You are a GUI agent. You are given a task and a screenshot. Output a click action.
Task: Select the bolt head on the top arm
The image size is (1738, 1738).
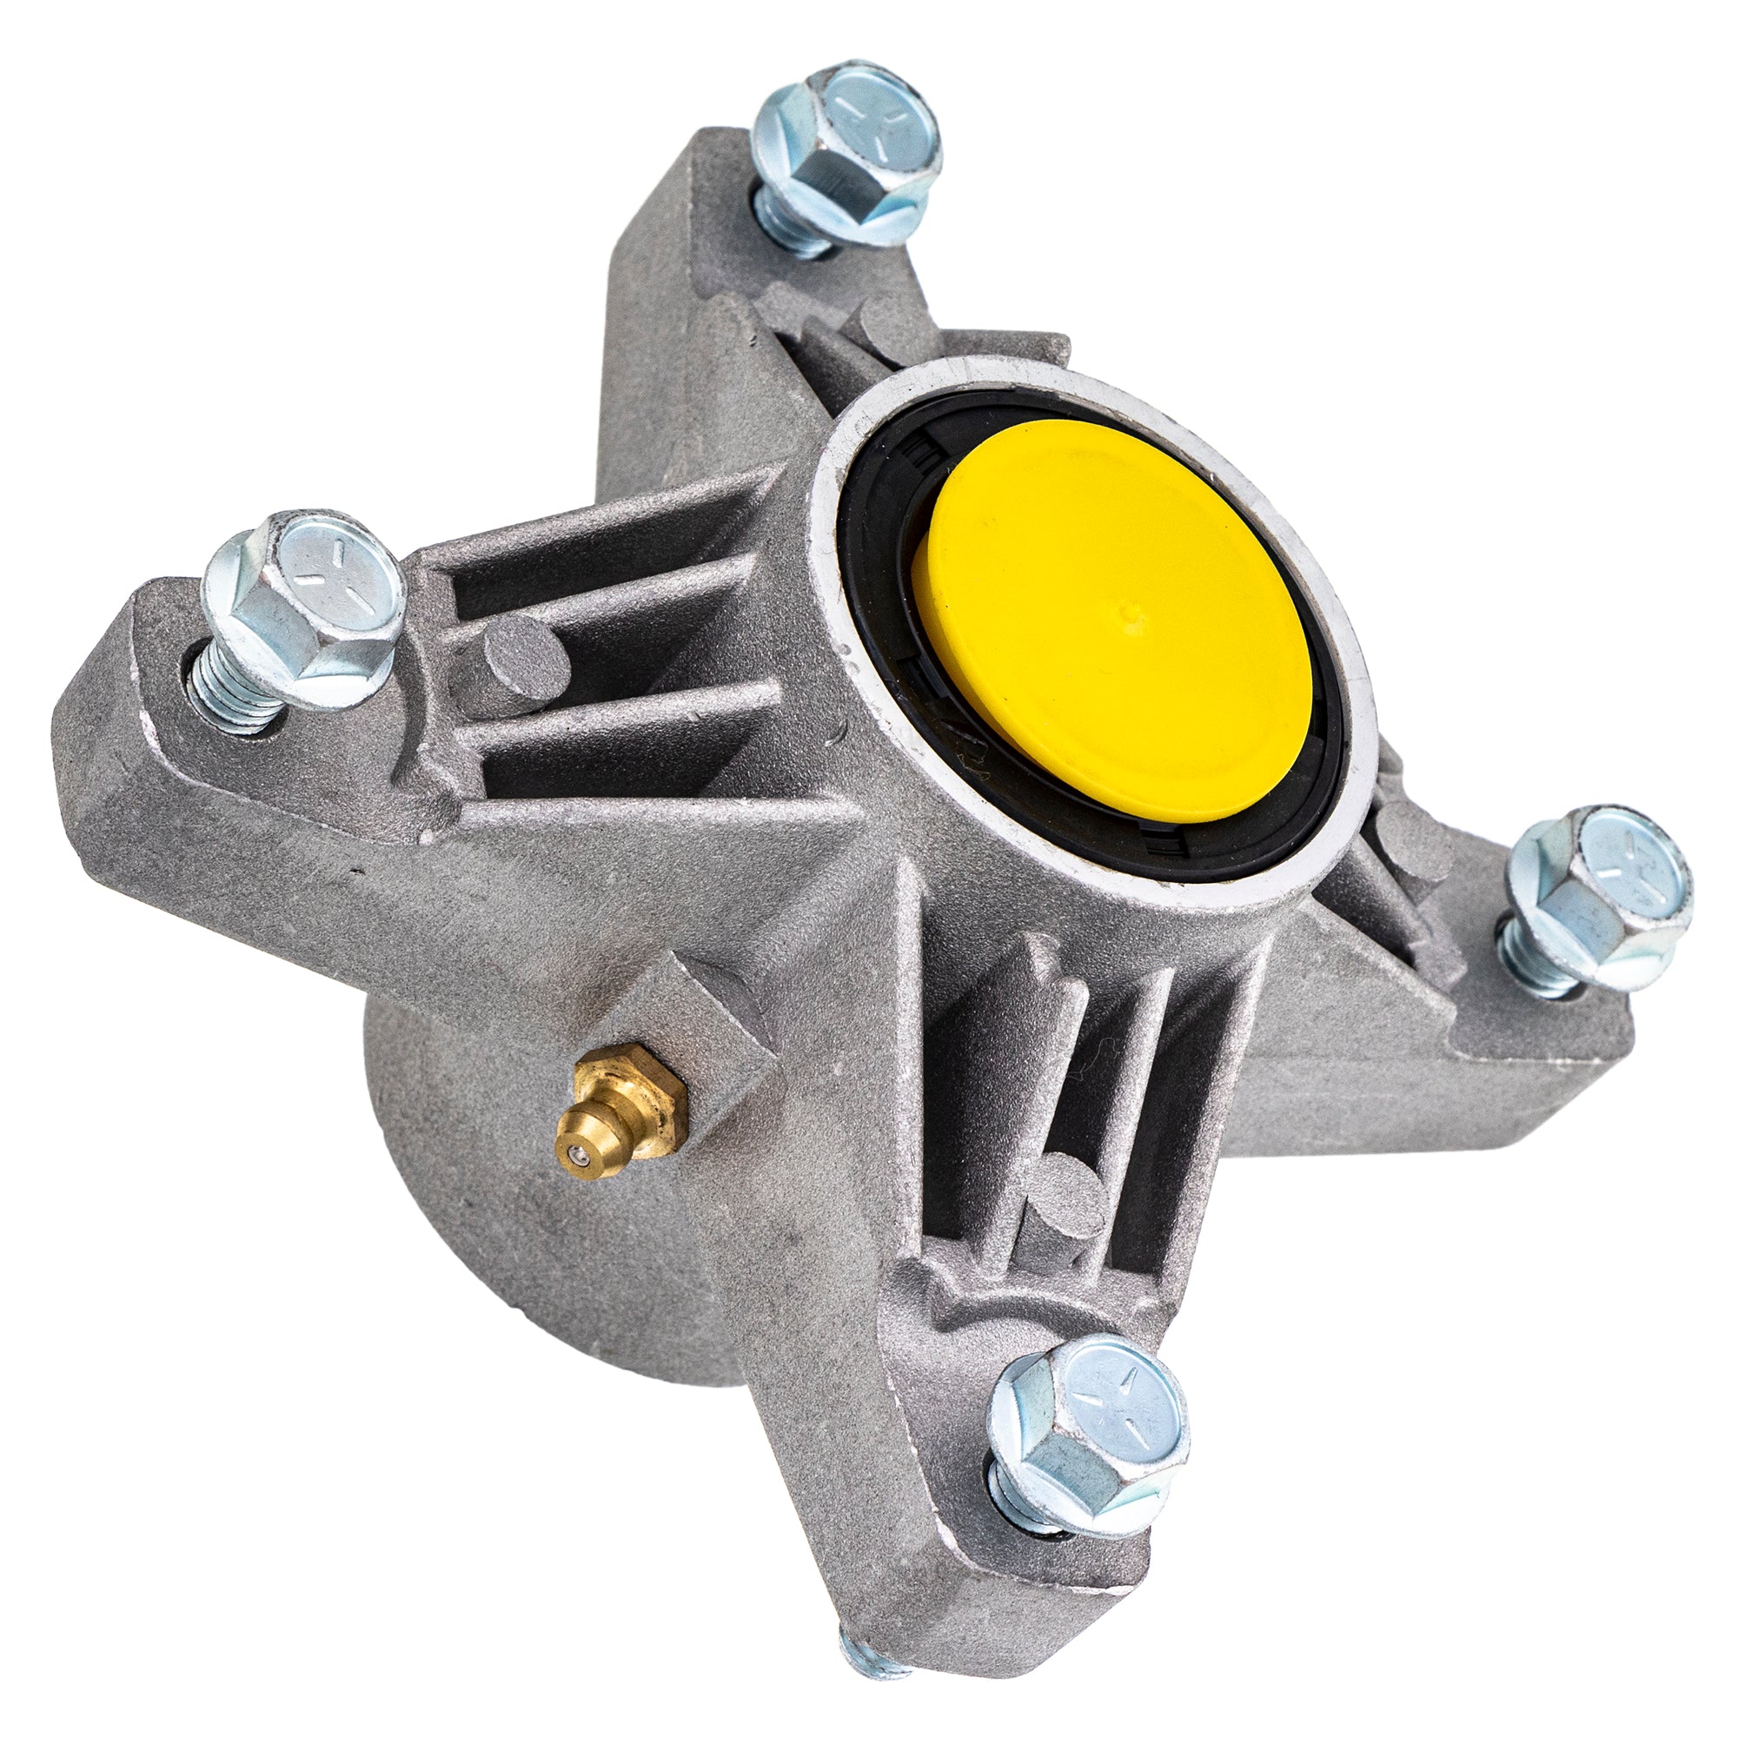pyautogui.click(x=854, y=135)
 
